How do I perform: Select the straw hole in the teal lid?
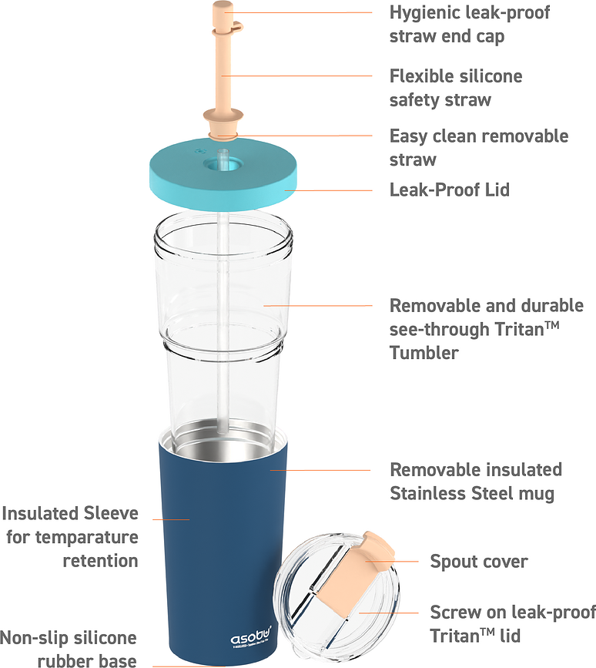pos(223,163)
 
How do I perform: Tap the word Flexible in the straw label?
pos(420,76)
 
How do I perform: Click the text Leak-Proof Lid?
pos(450,190)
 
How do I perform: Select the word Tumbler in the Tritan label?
pos(424,353)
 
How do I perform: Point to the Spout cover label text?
pos(479,562)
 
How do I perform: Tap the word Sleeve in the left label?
pos(111,513)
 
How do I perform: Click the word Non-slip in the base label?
pos(35,638)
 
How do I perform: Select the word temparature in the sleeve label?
pos(87,538)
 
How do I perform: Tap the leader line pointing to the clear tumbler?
pos(317,305)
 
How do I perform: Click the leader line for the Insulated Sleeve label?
pos(171,519)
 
